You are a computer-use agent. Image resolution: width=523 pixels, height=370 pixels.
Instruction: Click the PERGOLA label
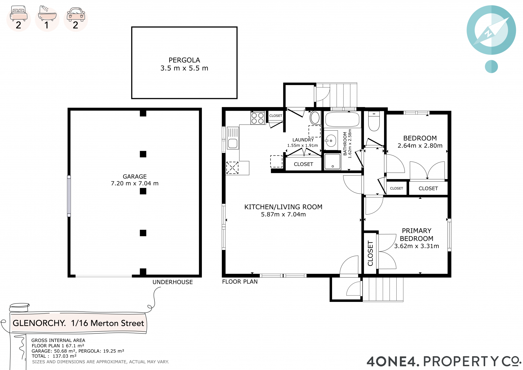[184, 60]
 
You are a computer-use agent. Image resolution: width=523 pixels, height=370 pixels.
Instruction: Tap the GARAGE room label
[135, 176]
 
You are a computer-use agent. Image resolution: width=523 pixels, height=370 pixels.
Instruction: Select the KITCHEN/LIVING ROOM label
[283, 207]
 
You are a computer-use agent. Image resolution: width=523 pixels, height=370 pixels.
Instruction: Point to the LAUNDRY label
[303, 140]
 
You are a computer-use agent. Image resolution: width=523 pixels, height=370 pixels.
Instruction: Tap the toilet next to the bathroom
[374, 121]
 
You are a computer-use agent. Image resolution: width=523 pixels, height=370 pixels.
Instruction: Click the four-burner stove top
[257, 118]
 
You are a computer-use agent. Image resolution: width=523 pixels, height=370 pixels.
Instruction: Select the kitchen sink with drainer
[233, 138]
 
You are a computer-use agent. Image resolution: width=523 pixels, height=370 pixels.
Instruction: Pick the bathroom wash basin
[331, 141]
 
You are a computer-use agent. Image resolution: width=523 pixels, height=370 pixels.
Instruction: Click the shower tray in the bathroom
[332, 162]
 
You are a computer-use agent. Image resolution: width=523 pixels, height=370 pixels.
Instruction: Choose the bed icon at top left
[19, 13]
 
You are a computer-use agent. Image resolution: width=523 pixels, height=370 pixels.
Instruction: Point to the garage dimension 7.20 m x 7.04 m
[135, 184]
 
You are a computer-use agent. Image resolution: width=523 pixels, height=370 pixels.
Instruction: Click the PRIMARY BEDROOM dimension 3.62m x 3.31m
[416, 246]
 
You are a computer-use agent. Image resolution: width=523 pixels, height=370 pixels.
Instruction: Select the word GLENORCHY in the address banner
[39, 323]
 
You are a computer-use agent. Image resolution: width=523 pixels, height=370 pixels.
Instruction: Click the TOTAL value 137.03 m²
[65, 356]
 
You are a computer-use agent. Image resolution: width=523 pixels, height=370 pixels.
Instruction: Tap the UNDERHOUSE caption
[172, 282]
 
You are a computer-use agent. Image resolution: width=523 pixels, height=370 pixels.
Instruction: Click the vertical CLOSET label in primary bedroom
[370, 253]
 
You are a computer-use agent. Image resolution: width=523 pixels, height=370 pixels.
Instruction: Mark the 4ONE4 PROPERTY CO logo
[443, 361]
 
